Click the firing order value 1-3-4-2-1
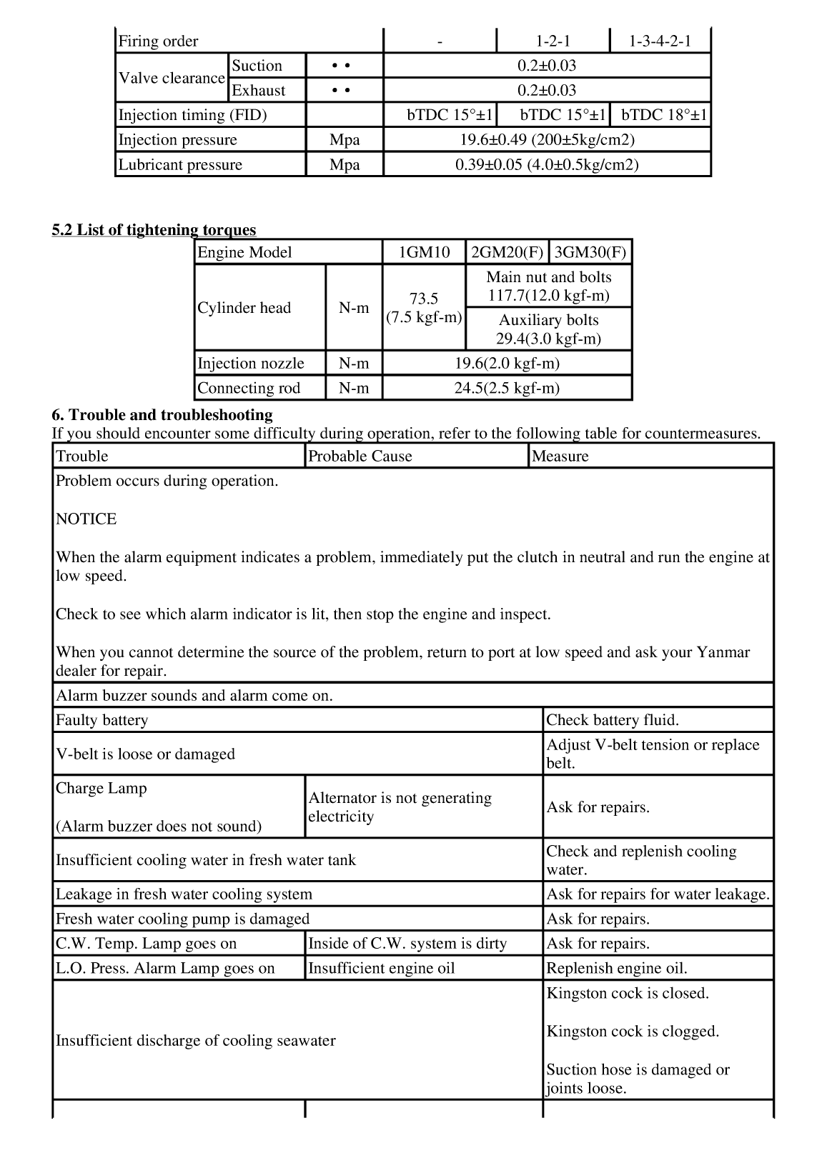(660, 41)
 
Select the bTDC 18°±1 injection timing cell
(664, 115)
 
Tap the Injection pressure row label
(177, 139)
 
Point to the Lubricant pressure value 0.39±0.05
(547, 164)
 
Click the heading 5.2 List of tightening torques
(154, 229)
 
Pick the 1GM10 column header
(424, 252)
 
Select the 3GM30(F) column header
(590, 252)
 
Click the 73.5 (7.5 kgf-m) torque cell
(424, 308)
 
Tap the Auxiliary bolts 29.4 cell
(548, 329)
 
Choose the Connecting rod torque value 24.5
(507, 388)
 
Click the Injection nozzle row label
(250, 363)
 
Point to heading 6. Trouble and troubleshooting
(162, 415)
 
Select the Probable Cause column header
(360, 456)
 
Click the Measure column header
(560, 456)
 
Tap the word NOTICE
(86, 519)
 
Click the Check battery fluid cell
(613, 720)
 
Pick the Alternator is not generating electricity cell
(400, 807)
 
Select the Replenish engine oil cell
(617, 968)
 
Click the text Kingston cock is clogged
(633, 1031)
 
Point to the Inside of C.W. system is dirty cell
(407, 943)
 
